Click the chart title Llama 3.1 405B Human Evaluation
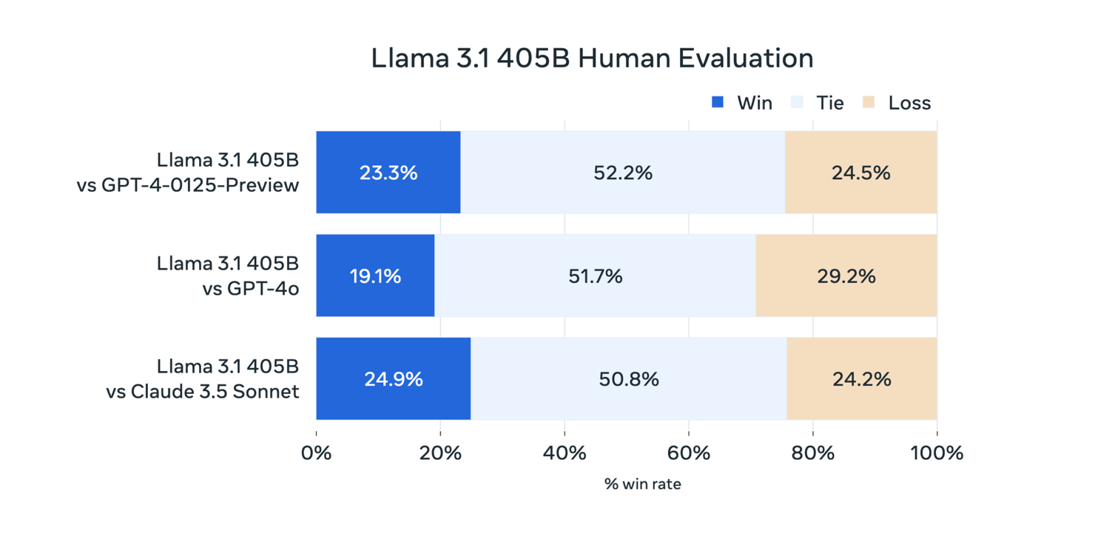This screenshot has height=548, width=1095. click(x=592, y=59)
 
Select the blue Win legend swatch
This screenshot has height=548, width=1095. click(x=717, y=102)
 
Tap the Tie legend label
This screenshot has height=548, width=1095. click(x=829, y=103)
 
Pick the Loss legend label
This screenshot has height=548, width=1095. click(x=909, y=103)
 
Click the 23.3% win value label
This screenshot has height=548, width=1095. click(x=388, y=173)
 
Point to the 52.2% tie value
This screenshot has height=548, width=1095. click(x=623, y=173)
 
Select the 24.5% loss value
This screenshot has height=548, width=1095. click(x=860, y=173)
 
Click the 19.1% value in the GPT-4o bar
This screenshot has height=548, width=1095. click(x=375, y=276)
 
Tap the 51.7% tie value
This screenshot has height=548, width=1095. click(x=596, y=276)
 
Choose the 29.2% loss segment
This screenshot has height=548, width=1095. click(x=846, y=276)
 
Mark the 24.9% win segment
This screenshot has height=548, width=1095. click(x=393, y=379)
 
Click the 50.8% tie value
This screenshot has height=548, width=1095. click(x=629, y=379)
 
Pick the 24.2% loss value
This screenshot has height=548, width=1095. click(x=862, y=379)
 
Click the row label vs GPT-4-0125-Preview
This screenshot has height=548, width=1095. click(x=188, y=185)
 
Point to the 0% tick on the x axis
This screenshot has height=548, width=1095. click(x=317, y=452)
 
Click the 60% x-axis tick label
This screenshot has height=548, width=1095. click(x=688, y=452)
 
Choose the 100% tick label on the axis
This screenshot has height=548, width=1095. click(x=937, y=452)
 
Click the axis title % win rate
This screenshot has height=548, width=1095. click(x=642, y=484)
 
